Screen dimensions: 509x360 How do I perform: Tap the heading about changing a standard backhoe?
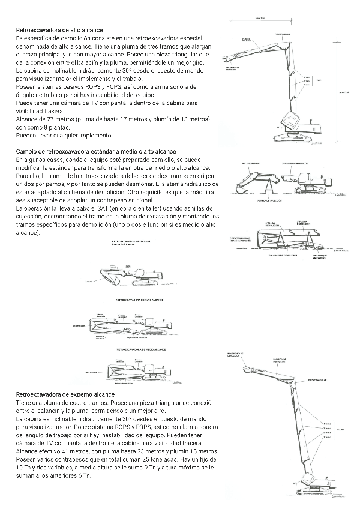(96, 152)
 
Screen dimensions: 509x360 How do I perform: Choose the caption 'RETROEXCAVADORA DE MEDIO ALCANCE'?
(142, 348)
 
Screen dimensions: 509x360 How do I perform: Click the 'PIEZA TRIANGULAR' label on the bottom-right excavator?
(317, 380)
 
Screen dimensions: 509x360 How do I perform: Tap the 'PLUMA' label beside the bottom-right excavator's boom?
(341, 430)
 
